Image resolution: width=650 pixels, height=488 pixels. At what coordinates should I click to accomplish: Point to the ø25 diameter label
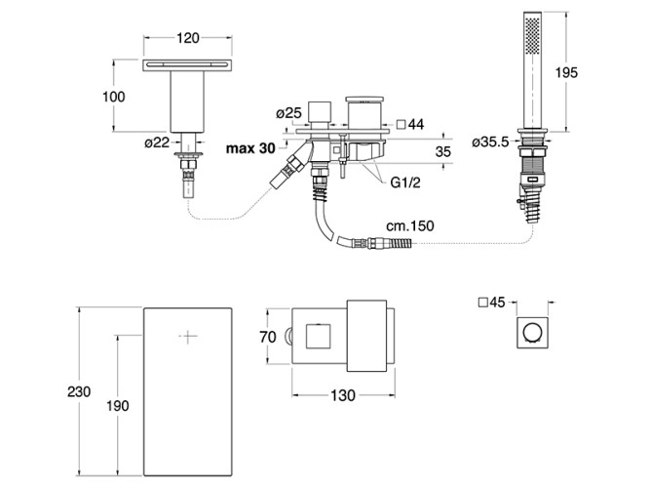pos(287,114)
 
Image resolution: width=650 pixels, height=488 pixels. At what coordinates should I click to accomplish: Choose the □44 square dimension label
pos(409,124)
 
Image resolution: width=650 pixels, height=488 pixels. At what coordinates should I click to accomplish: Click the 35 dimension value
pos(441,152)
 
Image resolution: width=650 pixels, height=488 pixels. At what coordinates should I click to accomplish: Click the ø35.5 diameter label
pos(489,142)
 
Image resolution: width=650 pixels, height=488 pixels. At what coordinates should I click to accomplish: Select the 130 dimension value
pos(344,396)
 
